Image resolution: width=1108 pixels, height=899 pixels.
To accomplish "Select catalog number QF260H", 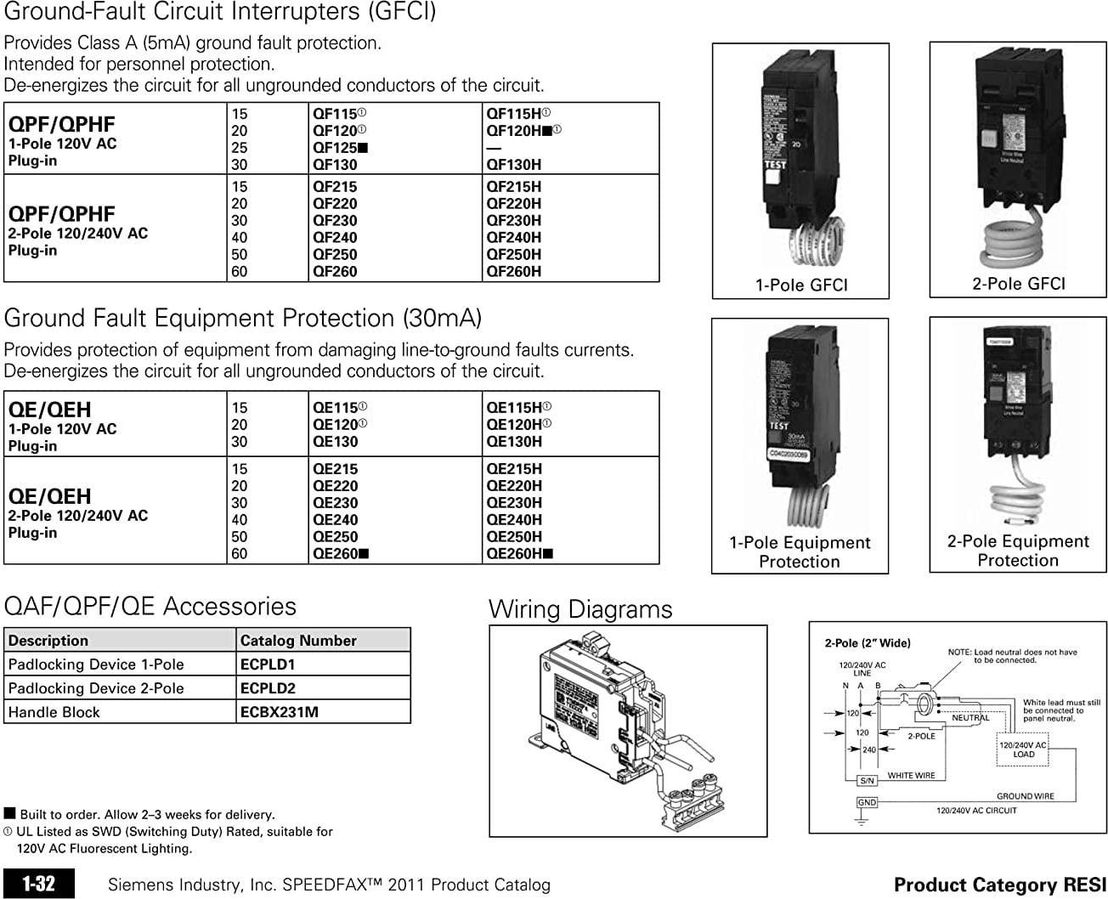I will [x=513, y=272].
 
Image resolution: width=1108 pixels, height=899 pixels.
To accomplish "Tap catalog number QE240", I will [x=335, y=520].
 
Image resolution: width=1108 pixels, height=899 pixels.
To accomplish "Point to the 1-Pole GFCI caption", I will [x=801, y=286].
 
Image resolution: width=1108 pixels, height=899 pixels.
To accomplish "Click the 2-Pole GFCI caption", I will [x=1018, y=284].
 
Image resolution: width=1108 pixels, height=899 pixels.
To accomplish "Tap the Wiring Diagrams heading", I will [x=580, y=609].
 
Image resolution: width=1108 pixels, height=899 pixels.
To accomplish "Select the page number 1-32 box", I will [x=39, y=885].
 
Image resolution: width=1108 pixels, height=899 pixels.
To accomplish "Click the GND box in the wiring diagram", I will [x=867, y=803].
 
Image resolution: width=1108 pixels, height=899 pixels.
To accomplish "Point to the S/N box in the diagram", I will [x=867, y=780].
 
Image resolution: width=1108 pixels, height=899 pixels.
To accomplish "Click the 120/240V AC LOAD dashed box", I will [x=1023, y=749].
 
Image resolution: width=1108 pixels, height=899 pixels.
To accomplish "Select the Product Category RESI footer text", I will [x=999, y=885].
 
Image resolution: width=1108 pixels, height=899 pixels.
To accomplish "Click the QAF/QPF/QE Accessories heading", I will [x=150, y=607].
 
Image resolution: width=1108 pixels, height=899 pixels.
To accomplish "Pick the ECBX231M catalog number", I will [x=280, y=712].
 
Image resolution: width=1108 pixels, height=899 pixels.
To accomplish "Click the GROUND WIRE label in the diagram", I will [x=1025, y=796].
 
